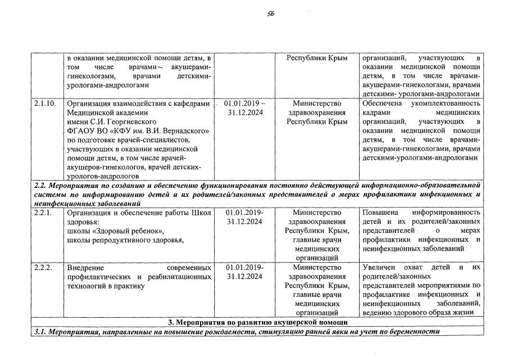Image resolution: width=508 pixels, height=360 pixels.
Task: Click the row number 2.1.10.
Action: (45, 103)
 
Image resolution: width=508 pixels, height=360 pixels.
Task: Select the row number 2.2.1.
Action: (43, 213)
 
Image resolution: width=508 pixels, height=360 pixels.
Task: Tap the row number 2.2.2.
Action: (43, 267)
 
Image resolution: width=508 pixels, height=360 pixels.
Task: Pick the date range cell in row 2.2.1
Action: (244, 217)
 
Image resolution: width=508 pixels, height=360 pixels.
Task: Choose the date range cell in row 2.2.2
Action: (244, 272)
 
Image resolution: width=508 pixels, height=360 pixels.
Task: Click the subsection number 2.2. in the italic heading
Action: (40, 184)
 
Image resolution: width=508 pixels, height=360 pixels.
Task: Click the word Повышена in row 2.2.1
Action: (381, 213)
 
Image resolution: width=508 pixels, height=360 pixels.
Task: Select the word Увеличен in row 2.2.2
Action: (380, 267)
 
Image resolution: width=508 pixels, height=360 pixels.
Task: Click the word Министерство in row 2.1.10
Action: (317, 103)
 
